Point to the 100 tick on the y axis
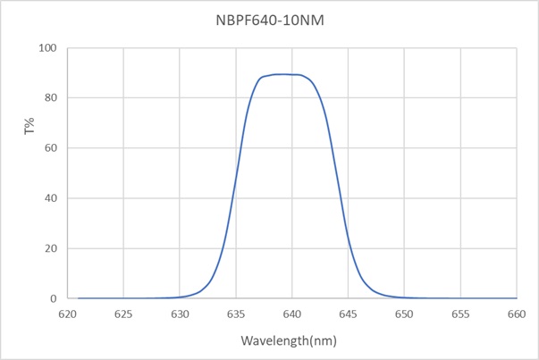(48, 47)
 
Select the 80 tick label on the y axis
(51, 97)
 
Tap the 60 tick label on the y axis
(51, 147)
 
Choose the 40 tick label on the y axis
(51, 198)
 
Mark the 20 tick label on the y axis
(51, 248)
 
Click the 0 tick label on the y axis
(54, 298)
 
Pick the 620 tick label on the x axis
(68, 314)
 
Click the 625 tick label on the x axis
(124, 314)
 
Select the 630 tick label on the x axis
(180, 314)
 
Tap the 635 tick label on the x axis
(236, 314)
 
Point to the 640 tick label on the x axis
(292, 314)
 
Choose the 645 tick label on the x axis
(349, 314)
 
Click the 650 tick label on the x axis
(404, 314)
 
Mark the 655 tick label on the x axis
(460, 314)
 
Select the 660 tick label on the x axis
(517, 314)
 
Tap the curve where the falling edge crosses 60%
(333, 147)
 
